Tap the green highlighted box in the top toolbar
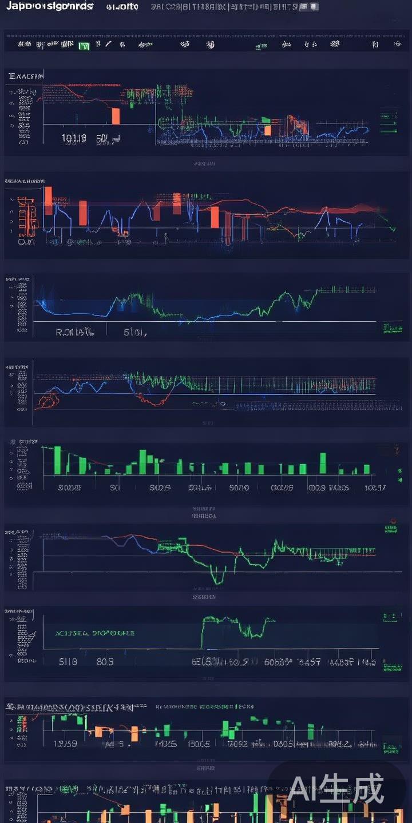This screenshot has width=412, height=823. click(x=84, y=45)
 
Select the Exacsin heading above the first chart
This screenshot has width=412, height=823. click(x=26, y=75)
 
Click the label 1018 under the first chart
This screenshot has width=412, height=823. click(x=74, y=138)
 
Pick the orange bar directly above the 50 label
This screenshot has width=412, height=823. click(x=116, y=115)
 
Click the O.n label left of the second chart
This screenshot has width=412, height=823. click(x=26, y=242)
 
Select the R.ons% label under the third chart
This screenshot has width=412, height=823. click(x=74, y=331)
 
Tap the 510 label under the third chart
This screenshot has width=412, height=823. click(x=135, y=331)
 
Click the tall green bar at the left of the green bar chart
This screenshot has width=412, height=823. click(x=57, y=460)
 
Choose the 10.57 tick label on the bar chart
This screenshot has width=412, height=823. click(x=375, y=488)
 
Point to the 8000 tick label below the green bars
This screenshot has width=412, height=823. click(x=239, y=488)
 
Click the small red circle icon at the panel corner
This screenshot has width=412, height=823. click(x=393, y=521)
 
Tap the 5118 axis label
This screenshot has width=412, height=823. click(x=68, y=662)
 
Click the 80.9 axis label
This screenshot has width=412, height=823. click(x=105, y=662)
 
